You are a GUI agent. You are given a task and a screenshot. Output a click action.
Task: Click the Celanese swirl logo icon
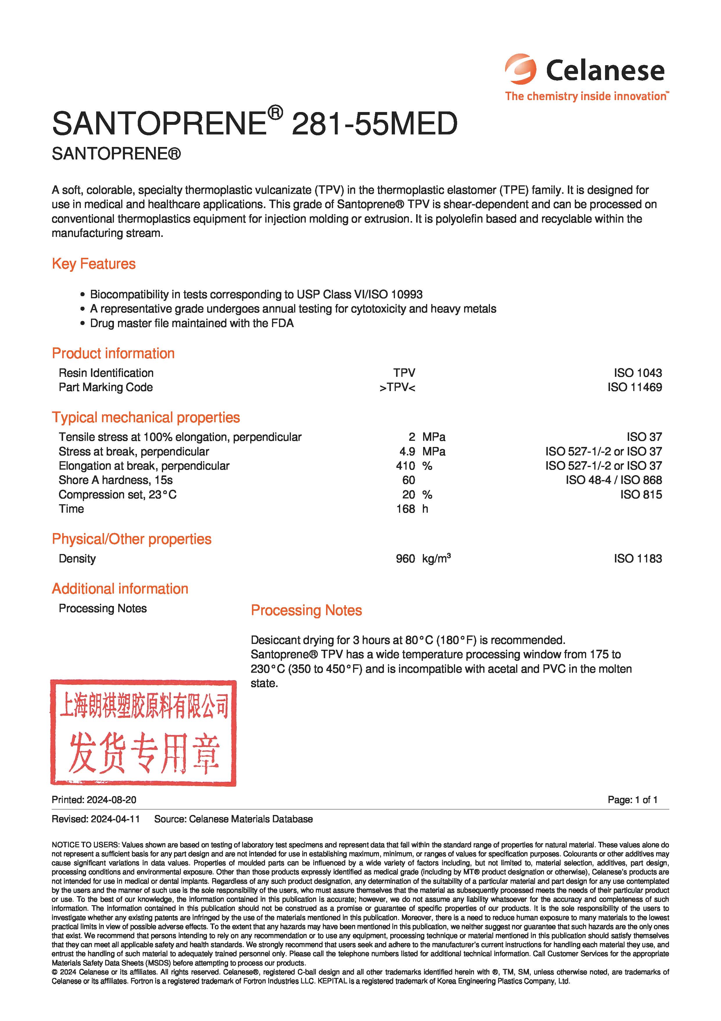(520, 69)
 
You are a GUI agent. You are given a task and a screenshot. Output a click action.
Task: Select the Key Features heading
(94, 264)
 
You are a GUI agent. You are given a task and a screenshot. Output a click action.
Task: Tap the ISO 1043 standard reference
(638, 373)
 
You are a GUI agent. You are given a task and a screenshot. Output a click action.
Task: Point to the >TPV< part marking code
(397, 387)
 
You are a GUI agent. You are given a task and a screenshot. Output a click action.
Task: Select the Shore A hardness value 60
(408, 480)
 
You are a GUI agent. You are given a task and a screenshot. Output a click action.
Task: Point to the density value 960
(405, 559)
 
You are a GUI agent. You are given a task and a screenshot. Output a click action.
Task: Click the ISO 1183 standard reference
(638, 559)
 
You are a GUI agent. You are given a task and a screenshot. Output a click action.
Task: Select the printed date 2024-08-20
(112, 800)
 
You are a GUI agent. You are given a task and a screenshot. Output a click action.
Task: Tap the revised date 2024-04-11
(115, 819)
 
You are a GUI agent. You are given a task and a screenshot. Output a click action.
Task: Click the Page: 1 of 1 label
(632, 800)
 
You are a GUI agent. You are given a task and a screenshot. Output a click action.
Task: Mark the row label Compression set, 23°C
(117, 494)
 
